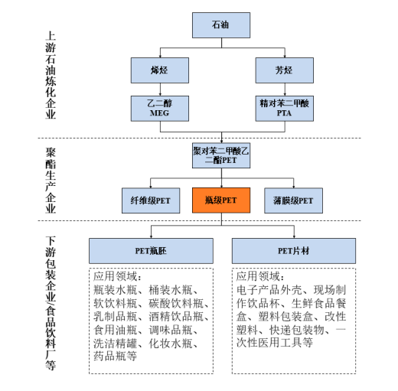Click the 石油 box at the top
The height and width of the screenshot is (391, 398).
pos(221,25)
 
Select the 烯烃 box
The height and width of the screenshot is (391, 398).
pos(160,70)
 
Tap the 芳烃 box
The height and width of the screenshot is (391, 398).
pos(285,70)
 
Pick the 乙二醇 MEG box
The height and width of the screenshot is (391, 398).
pos(160,109)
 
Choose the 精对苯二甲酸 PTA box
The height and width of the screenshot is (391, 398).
pos(285,109)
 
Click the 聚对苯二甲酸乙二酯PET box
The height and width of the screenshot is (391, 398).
pos(221,155)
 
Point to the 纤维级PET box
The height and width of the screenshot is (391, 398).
pos(151,200)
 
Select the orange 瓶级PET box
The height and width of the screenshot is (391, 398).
pos(221,200)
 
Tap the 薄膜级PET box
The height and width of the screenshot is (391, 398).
pos(293,200)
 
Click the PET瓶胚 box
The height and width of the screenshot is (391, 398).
pos(151,251)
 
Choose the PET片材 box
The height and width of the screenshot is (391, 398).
pos(294,251)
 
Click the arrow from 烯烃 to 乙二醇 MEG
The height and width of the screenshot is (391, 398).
pos(160,90)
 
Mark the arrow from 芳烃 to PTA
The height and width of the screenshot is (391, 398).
pos(285,90)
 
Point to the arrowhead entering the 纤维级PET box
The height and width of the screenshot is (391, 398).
pos(151,187)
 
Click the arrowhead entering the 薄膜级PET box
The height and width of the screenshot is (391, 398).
pos(294,187)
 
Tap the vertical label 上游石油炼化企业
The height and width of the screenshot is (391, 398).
pos(51,75)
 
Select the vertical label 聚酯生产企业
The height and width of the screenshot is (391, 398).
pos(51,181)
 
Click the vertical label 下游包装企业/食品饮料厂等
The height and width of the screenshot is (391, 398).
pos(51,303)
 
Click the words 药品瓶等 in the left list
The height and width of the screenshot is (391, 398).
pos(116,356)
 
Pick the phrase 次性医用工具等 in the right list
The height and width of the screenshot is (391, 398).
pos(275,343)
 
